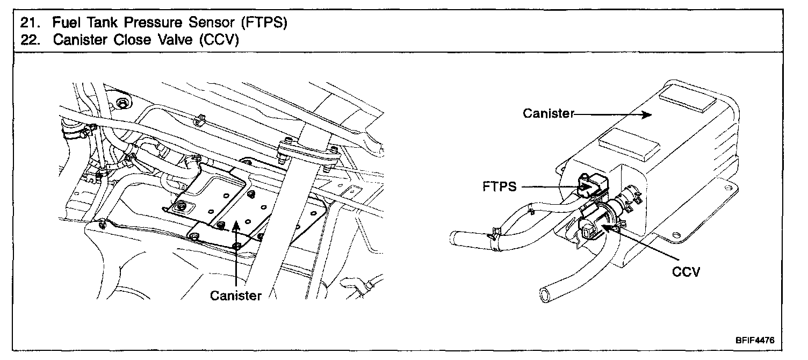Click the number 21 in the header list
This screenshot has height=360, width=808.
(x=28, y=23)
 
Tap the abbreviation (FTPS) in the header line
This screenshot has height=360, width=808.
(x=264, y=23)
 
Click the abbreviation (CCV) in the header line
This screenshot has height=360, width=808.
(x=219, y=40)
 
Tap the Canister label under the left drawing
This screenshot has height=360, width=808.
(x=235, y=296)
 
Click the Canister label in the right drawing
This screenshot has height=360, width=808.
(x=549, y=113)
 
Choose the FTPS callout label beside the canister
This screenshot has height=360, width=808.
(x=500, y=186)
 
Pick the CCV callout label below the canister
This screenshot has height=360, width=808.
(x=686, y=272)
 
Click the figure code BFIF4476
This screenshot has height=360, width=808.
(x=755, y=340)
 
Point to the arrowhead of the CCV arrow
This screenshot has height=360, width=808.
(x=607, y=227)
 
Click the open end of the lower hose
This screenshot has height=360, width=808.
(x=545, y=295)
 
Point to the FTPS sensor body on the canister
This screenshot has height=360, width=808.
(x=592, y=185)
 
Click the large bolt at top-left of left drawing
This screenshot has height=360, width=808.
(x=123, y=103)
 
